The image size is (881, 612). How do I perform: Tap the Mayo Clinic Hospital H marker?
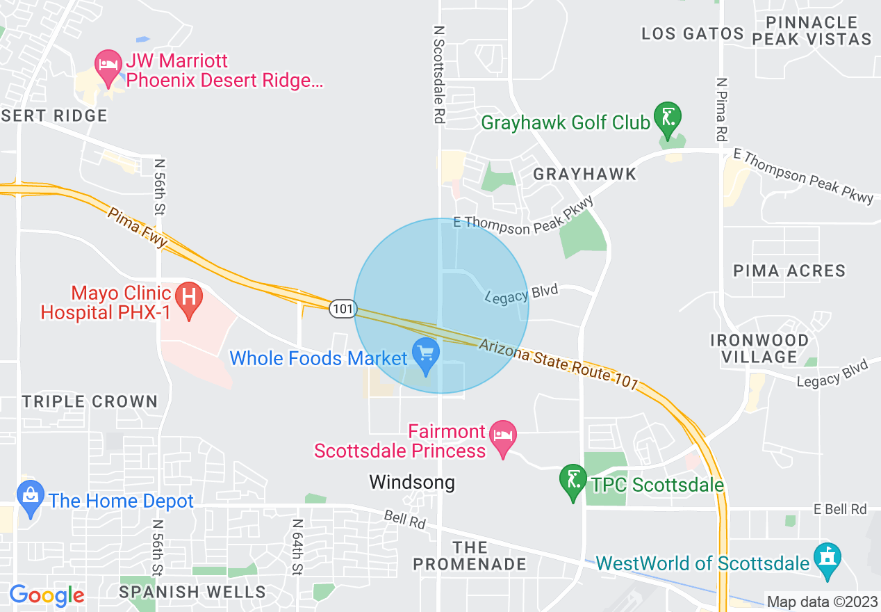188,297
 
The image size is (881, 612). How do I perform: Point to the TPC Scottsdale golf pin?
573,480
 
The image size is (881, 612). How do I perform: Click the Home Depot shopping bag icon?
30,496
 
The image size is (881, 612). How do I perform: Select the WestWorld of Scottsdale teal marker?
828,558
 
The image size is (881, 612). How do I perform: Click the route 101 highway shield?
343,308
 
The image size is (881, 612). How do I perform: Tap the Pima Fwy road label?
138,227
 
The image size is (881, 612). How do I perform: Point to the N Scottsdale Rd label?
438,75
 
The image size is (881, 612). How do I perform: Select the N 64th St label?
297,547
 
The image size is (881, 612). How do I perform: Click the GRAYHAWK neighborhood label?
584,174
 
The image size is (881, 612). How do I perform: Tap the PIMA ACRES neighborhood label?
789,271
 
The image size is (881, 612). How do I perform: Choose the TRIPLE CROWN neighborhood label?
90,401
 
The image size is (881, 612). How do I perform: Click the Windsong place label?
412,482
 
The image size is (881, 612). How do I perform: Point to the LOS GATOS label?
692,33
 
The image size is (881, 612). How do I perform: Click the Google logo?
47,595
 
